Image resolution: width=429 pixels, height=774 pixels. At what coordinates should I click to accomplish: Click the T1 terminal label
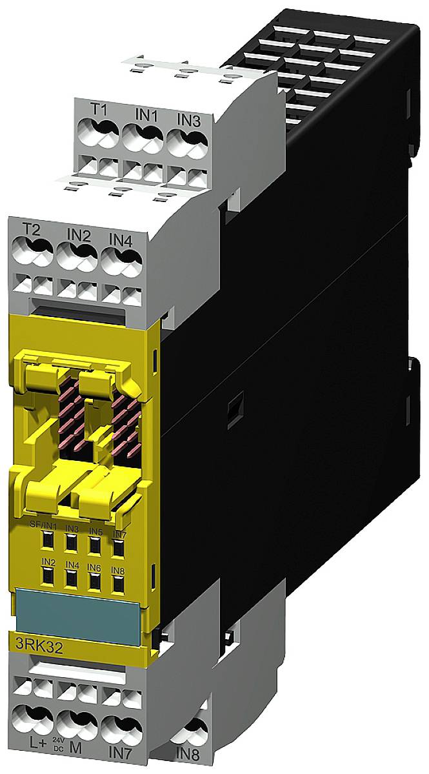99,110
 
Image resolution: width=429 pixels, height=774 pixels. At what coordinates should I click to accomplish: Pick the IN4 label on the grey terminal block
121,240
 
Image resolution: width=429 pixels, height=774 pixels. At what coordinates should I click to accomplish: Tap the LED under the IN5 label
94,545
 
